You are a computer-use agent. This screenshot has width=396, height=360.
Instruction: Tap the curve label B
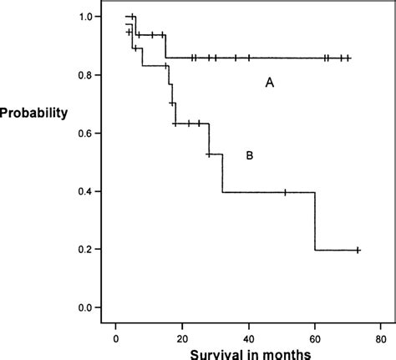[249, 155]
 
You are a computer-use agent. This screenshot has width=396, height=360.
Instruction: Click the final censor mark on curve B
[358, 250]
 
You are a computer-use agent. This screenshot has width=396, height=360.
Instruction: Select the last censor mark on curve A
[348, 58]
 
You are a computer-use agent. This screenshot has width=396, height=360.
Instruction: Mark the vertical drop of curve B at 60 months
[315, 221]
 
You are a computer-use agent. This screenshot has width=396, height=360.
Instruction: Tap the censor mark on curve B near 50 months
[285, 192]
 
